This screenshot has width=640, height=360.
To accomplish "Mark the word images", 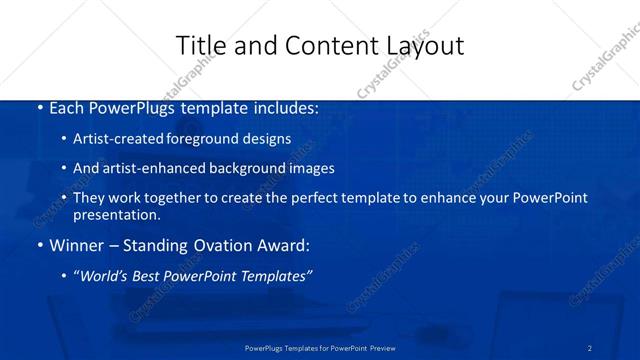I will click(309, 168).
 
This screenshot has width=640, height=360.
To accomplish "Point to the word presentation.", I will click(116, 215).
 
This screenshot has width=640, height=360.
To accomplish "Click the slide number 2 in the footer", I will click(590, 348).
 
